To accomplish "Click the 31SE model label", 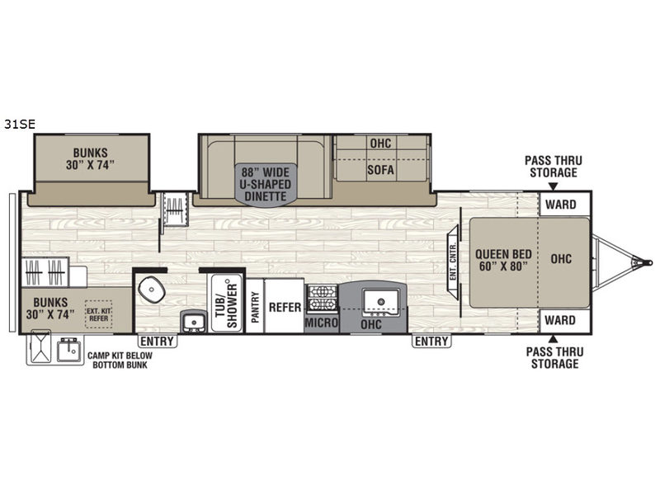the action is pyautogui.click(x=19, y=125).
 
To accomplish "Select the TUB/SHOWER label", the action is pyautogui.click(x=226, y=303).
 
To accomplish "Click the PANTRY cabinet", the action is pyautogui.click(x=255, y=306).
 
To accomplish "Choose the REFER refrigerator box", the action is pyautogui.click(x=284, y=306).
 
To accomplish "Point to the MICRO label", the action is pyautogui.click(x=321, y=323).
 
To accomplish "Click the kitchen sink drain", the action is pyautogui.click(x=381, y=302).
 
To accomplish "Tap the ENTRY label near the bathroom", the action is pyautogui.click(x=157, y=341).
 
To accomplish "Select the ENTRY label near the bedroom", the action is pyautogui.click(x=431, y=341).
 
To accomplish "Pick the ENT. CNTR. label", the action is pyautogui.click(x=453, y=262).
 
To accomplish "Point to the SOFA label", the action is pyautogui.click(x=380, y=170).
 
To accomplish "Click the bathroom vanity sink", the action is pyautogui.click(x=194, y=323).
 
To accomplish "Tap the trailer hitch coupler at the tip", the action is pyautogui.click(x=648, y=262).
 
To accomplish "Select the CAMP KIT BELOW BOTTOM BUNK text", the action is pyautogui.click(x=120, y=361).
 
